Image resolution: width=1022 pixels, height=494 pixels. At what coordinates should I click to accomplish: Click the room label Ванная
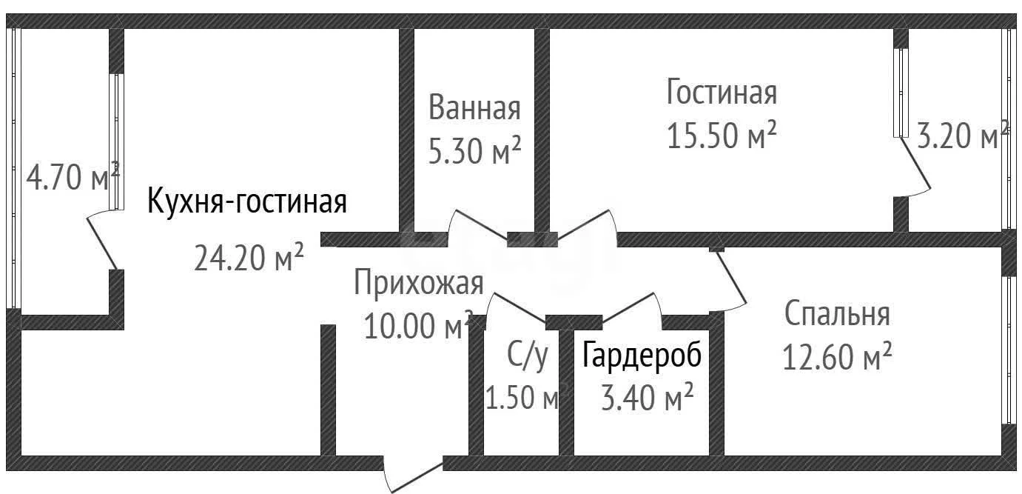tap(474, 107)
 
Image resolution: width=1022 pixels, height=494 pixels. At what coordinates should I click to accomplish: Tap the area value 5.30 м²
tap(474, 150)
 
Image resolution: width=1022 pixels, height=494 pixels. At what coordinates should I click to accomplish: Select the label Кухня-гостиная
tap(247, 201)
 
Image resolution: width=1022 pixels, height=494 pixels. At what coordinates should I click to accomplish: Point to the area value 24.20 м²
tap(249, 256)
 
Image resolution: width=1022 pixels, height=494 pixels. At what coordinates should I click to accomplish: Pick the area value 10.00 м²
tap(418, 324)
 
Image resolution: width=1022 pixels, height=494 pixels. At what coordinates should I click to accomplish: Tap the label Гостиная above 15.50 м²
tap(722, 92)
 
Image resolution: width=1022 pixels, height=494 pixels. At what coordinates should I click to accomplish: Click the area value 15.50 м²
tap(722, 135)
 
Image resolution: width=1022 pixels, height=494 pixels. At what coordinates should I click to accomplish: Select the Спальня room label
tap(837, 313)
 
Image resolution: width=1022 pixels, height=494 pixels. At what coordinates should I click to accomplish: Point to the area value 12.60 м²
tap(837, 356)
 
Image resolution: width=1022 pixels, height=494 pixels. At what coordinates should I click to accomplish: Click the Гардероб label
tap(642, 356)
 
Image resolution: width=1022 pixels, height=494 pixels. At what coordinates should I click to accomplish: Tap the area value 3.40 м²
tap(647, 397)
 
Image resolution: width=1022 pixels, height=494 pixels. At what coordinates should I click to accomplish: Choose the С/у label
tap(528, 356)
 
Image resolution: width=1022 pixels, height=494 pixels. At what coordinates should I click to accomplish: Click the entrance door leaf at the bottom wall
tap(417, 478)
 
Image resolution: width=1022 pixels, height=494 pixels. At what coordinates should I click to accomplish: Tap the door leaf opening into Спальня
tap(731, 278)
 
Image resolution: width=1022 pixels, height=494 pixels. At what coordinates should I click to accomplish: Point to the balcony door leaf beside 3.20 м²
tap(915, 163)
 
